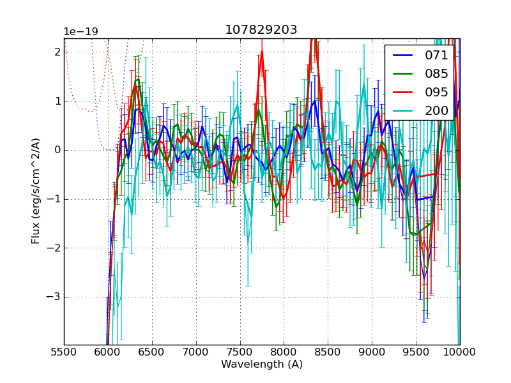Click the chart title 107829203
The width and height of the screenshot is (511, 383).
(261, 30)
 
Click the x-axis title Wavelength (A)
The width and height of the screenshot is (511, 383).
(262, 364)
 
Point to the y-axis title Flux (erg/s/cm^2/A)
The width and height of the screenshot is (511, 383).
(36, 191)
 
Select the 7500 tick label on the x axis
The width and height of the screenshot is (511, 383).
(240, 351)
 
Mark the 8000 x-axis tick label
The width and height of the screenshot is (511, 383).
(284, 351)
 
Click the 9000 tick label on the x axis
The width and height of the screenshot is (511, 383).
(372, 351)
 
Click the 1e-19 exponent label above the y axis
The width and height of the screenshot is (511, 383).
(80, 32)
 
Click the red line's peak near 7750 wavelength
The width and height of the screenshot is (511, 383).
(262, 52)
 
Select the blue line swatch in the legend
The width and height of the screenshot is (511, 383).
(402, 55)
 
